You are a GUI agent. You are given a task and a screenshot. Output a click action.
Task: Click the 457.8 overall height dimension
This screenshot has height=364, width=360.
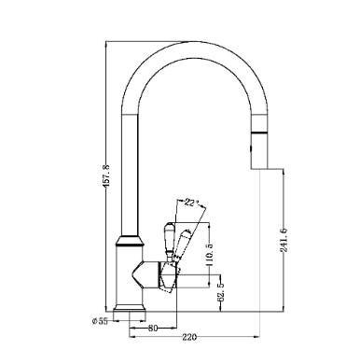106,176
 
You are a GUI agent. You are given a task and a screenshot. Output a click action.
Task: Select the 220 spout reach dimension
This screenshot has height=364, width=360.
189,337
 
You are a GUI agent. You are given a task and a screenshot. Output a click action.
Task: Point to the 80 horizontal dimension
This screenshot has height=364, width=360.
153,329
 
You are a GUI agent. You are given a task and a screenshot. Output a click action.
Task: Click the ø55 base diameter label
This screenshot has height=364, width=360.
100,321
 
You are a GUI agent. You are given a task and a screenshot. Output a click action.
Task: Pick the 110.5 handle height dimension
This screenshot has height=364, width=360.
210,254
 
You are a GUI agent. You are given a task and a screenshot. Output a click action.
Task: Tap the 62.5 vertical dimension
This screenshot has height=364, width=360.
221,292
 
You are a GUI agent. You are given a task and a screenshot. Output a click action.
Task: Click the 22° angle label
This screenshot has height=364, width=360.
191,203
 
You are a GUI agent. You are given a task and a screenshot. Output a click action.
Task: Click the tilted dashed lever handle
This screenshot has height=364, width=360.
183,245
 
